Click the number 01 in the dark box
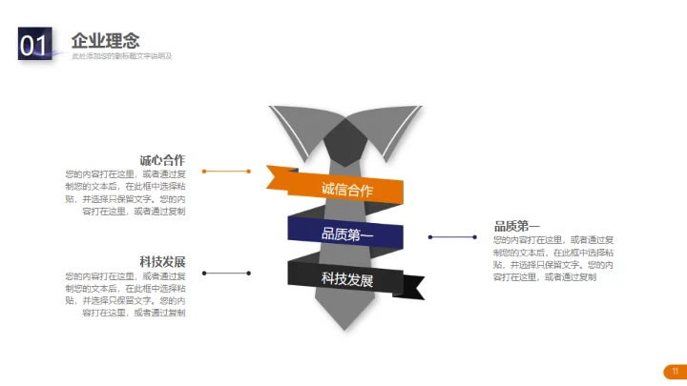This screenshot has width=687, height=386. (33, 45)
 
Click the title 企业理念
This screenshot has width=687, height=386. (105, 40)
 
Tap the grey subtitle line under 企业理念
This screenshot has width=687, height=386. (121, 56)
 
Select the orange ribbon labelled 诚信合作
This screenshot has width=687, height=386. (346, 189)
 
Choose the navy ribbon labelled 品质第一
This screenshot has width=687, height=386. (346, 234)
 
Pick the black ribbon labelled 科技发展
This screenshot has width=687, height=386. (346, 278)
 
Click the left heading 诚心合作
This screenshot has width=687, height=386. (162, 160)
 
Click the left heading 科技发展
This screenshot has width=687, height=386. (162, 262)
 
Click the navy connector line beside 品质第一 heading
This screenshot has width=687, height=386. (457, 236)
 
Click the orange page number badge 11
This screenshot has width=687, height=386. (675, 371)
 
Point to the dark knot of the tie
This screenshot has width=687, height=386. (345, 143)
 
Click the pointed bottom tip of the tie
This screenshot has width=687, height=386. (345, 324)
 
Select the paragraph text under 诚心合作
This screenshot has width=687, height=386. (125, 193)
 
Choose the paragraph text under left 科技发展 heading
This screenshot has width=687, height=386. (125, 294)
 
